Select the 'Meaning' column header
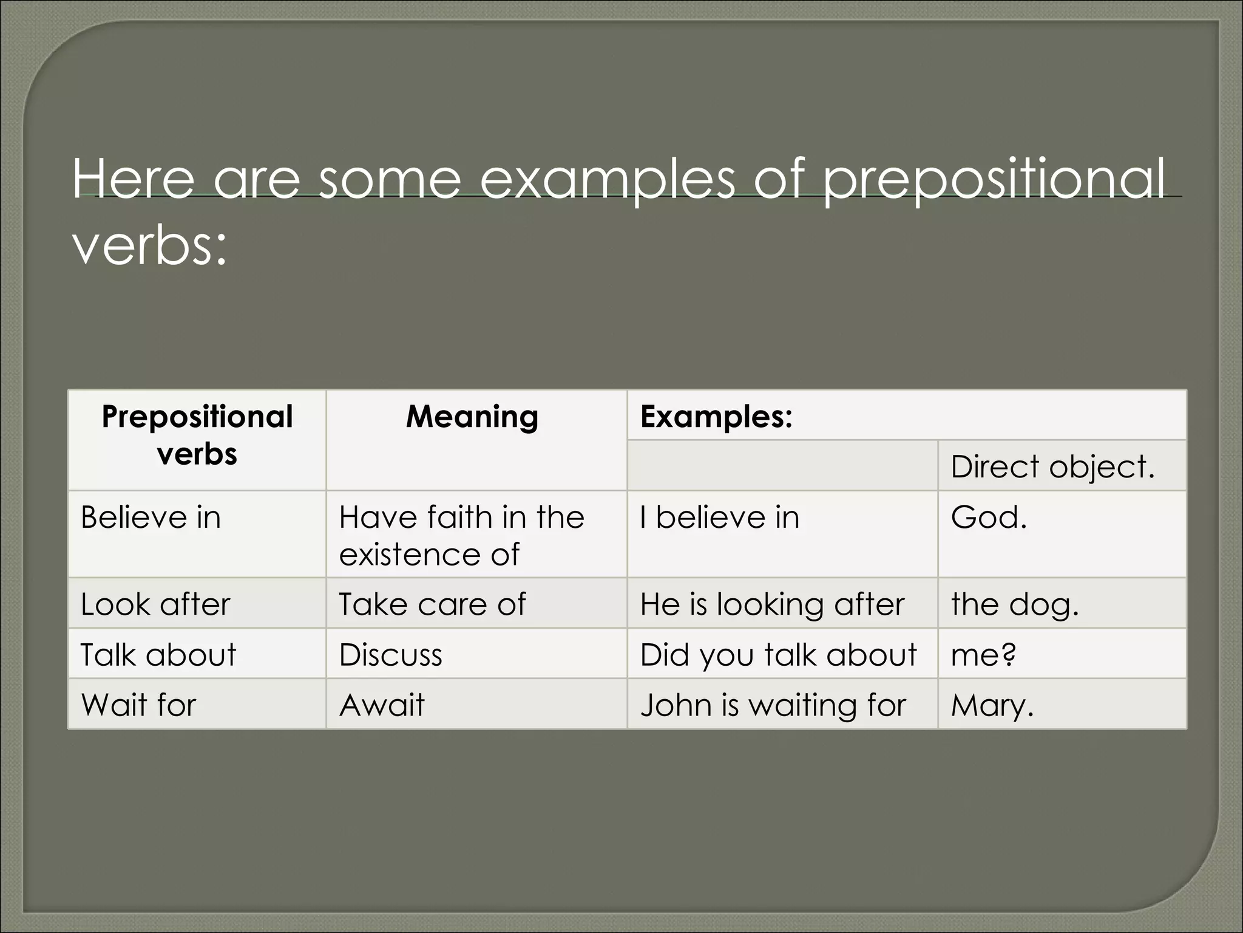click(x=472, y=417)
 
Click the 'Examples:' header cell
click(x=716, y=417)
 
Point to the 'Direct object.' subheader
click(x=1052, y=466)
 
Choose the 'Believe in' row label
click(x=151, y=518)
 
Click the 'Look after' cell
click(x=155, y=604)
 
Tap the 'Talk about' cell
click(x=158, y=655)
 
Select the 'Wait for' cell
click(x=138, y=705)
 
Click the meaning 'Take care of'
click(x=432, y=604)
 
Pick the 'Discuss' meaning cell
click(x=390, y=655)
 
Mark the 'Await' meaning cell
click(x=382, y=705)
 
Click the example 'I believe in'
click(x=720, y=518)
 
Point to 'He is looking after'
click(x=772, y=604)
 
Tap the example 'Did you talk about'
click(x=778, y=655)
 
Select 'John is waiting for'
click(x=773, y=705)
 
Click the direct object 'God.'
click(x=988, y=518)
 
